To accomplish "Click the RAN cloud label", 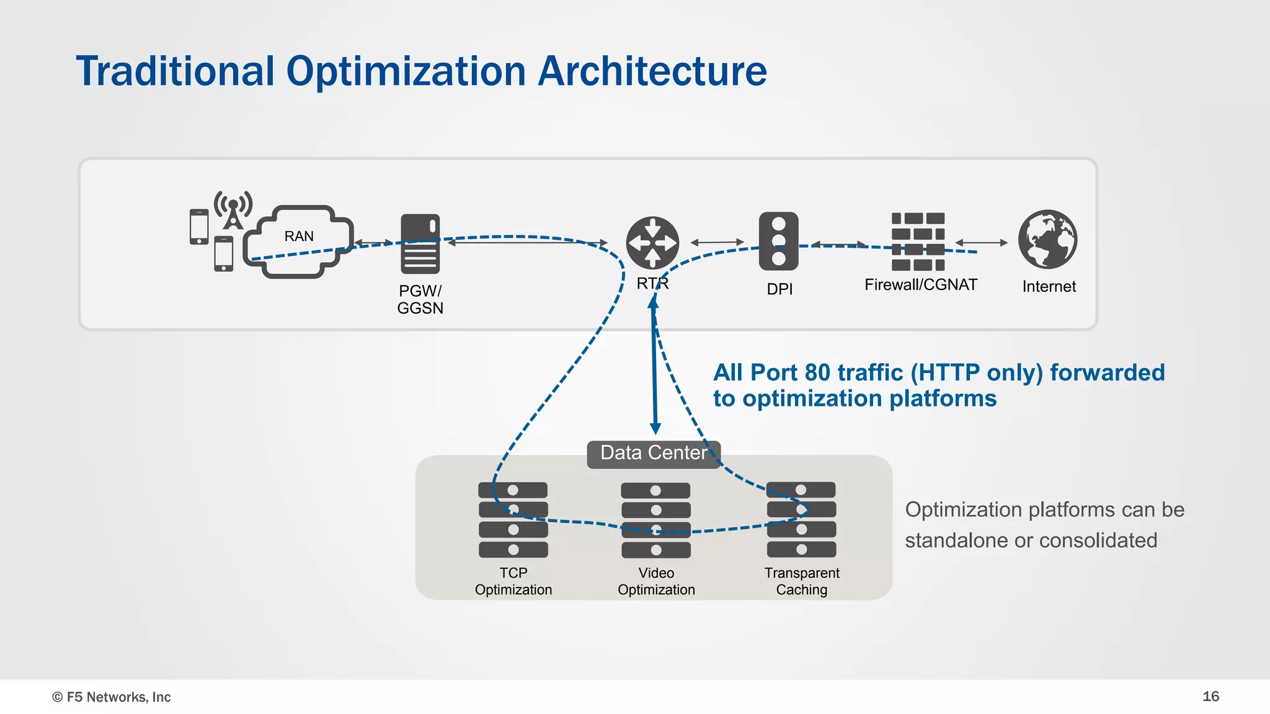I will [x=299, y=236].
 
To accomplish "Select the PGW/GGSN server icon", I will [x=420, y=244].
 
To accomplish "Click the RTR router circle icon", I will [x=652, y=243].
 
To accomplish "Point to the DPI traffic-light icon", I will [x=779, y=241].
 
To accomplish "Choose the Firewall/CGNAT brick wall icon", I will [x=918, y=242].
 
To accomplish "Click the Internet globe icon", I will [x=1047, y=239].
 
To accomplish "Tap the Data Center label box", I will [x=654, y=453].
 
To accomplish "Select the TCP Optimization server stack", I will [x=513, y=519].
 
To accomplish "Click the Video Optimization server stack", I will [x=655, y=520].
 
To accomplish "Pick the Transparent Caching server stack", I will [x=801, y=519].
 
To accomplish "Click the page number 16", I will [x=1210, y=696].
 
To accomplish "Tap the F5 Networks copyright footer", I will [x=112, y=697].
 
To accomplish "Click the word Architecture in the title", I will [x=652, y=71].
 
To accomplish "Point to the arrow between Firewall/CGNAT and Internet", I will [x=982, y=243].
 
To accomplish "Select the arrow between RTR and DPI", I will [x=717, y=242].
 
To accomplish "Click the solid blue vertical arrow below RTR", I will [x=654, y=372].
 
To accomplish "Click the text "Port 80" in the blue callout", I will [x=790, y=372].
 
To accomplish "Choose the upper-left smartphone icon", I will [x=199, y=227].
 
